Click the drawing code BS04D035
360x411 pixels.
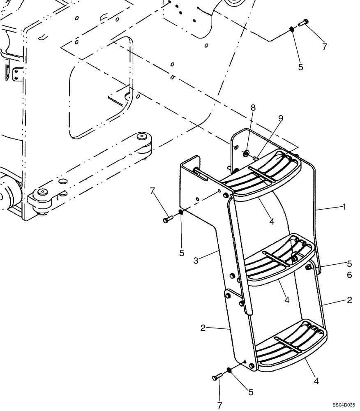tap(344, 405)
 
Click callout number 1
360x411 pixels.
tap(344, 207)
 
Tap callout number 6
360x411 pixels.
tap(349, 275)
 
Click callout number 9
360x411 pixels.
tap(281, 119)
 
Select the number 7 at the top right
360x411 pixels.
tap(324, 46)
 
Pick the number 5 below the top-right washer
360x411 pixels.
tap(300, 67)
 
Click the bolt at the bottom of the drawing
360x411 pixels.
tap(217, 376)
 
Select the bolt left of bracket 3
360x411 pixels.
tap(166, 220)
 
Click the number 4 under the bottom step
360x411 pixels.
tap(316, 381)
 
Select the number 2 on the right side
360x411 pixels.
tap(349, 300)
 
